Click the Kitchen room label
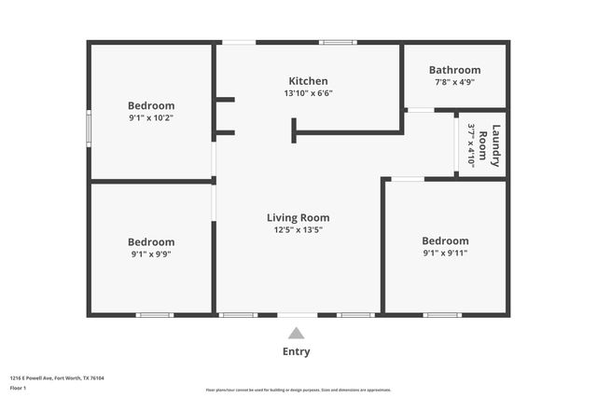(308, 81)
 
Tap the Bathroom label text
(454, 70)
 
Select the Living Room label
(298, 218)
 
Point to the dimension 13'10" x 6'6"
(308, 93)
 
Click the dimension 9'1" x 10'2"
(151, 117)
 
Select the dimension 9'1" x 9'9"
(151, 254)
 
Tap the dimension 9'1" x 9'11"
(444, 253)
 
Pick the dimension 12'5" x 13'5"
(298, 230)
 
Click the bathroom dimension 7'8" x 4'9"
(454, 82)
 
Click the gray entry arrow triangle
(296, 333)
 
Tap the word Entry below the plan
(296, 351)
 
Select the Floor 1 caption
(19, 388)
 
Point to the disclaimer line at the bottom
(298, 391)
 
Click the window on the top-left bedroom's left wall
(89, 130)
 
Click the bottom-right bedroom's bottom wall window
(442, 315)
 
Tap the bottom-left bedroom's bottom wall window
(154, 315)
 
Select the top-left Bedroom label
(151, 105)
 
